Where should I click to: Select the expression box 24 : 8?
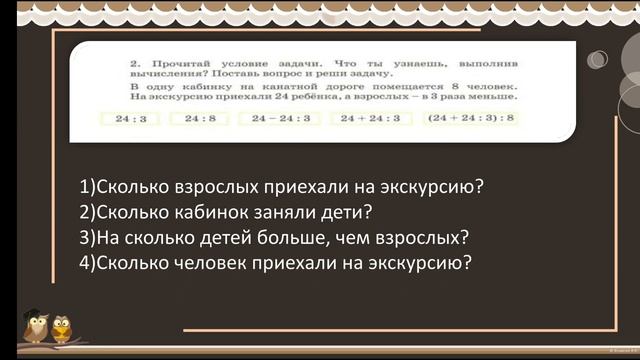(193, 118)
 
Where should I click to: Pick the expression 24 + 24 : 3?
(369, 118)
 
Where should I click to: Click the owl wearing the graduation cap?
(37, 327)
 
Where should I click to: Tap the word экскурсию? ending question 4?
(419, 264)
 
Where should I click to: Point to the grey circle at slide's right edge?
(598, 60)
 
